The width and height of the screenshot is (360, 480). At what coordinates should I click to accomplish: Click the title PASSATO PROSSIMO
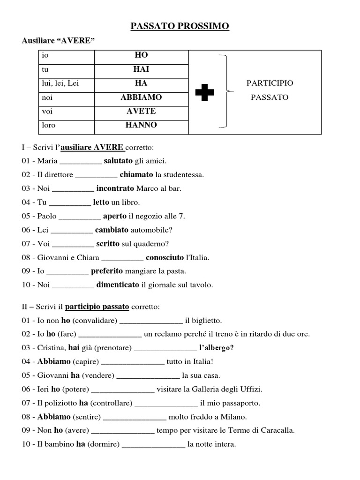180,26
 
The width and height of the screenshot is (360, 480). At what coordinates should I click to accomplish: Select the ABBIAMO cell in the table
141,97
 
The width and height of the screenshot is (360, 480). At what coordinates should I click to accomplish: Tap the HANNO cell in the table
141,125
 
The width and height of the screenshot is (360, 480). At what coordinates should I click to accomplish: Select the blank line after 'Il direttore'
96,175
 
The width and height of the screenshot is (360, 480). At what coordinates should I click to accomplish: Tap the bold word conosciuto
165,257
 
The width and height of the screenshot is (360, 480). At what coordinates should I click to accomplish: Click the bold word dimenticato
118,285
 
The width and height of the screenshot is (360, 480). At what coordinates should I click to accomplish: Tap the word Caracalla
279,430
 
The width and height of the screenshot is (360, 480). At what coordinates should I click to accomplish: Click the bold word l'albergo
216,348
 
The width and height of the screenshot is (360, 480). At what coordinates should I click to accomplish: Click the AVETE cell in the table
141,111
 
